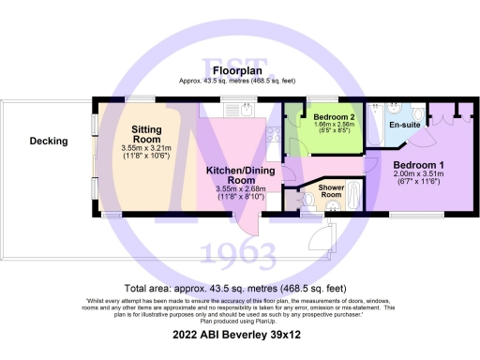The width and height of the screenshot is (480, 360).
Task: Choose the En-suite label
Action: pos(404,124)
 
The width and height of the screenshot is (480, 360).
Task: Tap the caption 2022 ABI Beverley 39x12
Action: pos(239,334)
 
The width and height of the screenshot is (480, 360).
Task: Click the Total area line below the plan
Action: pos(239,288)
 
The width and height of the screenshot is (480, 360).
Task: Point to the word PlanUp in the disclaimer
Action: pos(270,319)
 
